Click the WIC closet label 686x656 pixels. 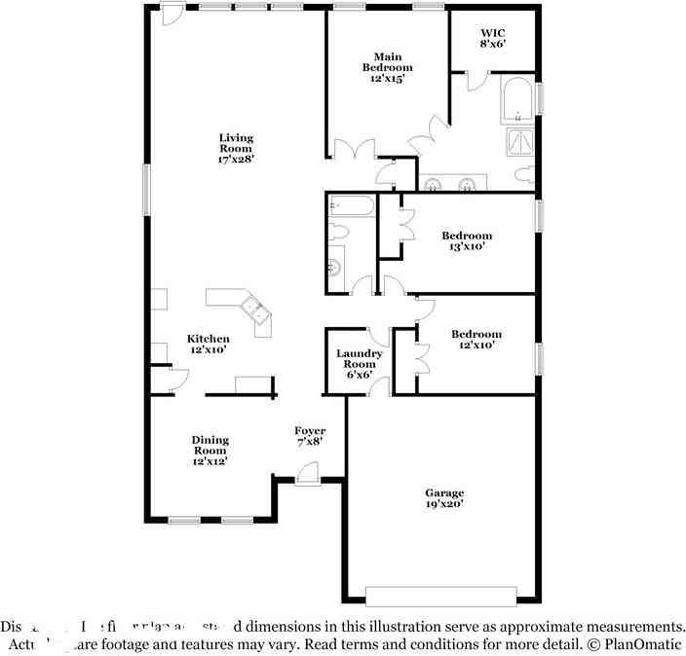click(492, 32)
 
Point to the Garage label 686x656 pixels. click(443, 492)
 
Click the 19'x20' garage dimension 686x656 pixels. click(443, 504)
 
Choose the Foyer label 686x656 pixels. click(310, 430)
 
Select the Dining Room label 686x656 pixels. click(210, 445)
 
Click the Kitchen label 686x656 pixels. click(209, 339)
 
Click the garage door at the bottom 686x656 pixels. click(440, 595)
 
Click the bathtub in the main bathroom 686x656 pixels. click(515, 100)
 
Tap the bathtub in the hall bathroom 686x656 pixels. click(352, 206)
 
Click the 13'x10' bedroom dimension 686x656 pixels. click(466, 247)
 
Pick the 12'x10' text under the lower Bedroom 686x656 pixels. click(476, 346)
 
